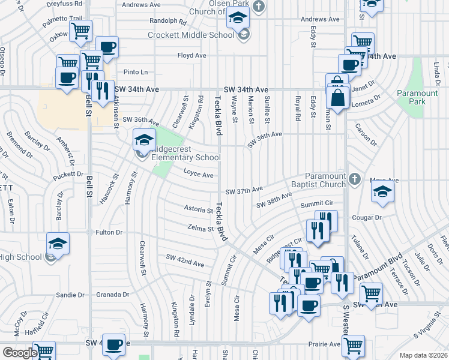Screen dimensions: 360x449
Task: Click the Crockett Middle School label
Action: click(191, 35)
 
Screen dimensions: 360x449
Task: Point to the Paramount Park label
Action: click(417, 97)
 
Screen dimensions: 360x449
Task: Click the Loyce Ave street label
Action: click(199, 175)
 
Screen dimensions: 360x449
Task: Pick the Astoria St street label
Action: click(198, 209)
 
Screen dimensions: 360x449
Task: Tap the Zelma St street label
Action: click(201, 228)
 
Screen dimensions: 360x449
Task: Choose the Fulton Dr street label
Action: click(109, 232)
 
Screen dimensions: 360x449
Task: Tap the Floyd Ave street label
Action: click(192, 55)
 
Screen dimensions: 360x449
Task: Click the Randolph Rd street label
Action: click(167, 20)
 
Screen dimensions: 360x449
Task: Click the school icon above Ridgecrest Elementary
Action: click(144, 140)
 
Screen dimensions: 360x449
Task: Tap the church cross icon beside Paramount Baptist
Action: click(355, 179)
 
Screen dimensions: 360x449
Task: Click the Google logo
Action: click(20, 352)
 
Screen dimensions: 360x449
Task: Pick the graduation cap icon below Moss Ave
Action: click(381, 192)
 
